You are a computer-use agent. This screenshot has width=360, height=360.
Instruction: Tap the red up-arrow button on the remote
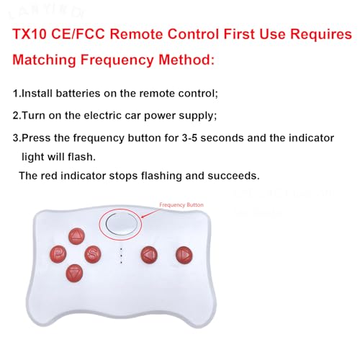[x=77, y=235]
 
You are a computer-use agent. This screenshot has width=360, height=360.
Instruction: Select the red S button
[x=92, y=253]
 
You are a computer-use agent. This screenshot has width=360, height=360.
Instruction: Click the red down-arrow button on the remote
[x=73, y=273]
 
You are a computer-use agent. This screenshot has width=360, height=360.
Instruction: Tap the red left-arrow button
[x=149, y=253]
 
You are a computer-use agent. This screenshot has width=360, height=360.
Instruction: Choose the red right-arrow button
[x=184, y=253]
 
